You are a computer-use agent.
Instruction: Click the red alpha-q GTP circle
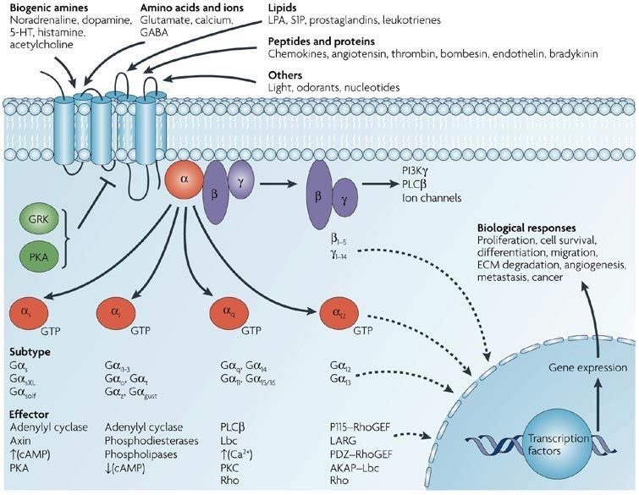tap(229, 314)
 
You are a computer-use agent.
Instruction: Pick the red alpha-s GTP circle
tap(29, 314)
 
